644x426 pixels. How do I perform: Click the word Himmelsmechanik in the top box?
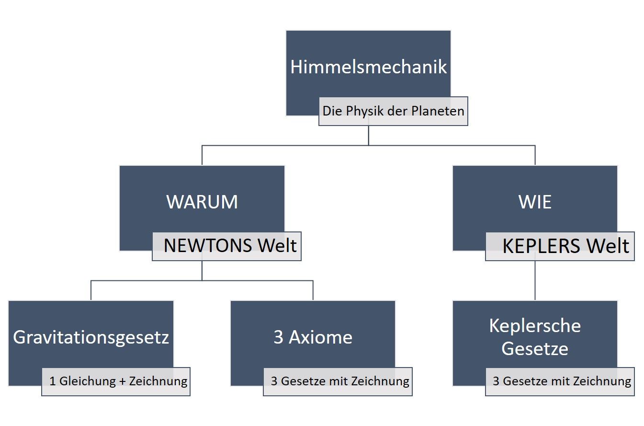point(368,67)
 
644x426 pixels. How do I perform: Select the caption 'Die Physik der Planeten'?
point(393,111)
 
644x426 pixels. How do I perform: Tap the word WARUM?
point(202,202)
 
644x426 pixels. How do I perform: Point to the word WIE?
point(535,202)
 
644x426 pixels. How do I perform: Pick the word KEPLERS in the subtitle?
point(542,246)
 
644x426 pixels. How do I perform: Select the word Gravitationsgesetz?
point(91,337)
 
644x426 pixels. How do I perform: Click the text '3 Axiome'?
point(313,337)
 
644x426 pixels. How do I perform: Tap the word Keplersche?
point(535,326)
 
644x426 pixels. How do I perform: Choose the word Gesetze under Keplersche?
point(535,349)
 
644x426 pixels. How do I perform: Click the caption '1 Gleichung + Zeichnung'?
point(118,381)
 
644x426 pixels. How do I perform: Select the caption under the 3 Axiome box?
point(340,381)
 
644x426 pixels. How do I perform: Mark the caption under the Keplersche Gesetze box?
point(562,381)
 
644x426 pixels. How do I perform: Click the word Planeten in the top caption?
point(438,111)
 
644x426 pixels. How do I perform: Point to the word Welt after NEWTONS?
point(277,246)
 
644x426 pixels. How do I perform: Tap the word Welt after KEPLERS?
point(608,246)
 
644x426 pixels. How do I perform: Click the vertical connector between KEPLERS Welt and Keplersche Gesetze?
point(535,280)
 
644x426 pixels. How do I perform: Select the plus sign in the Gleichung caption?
point(123,382)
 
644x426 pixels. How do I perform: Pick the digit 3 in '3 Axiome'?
point(278,337)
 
